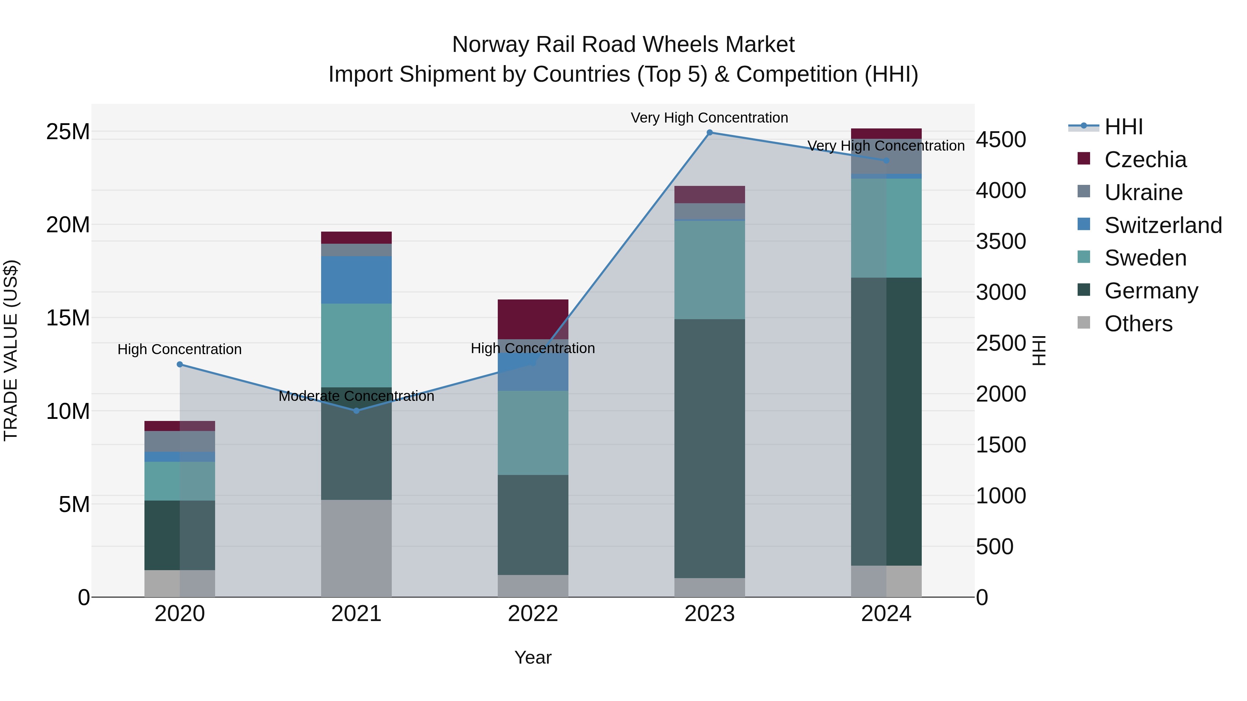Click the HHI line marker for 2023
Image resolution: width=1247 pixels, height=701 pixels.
(x=709, y=133)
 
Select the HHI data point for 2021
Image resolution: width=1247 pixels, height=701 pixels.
(x=356, y=411)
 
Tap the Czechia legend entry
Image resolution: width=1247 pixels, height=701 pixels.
(x=1144, y=160)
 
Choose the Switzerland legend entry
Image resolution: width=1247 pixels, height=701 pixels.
(x=1162, y=225)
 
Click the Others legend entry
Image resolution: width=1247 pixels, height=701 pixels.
(x=1138, y=324)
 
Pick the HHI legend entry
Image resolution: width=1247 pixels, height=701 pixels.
(x=1123, y=127)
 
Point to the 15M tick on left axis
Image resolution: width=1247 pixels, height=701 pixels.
(x=68, y=318)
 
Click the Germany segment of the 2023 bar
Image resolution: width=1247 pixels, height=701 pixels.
(x=709, y=448)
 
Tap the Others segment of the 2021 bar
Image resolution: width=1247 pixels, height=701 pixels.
(x=356, y=548)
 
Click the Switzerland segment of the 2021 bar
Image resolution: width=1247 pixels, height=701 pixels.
(x=356, y=280)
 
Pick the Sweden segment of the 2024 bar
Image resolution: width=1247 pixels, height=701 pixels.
(x=886, y=228)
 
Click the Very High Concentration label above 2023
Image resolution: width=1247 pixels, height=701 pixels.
(x=709, y=118)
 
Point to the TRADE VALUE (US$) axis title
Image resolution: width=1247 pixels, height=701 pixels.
(x=11, y=350)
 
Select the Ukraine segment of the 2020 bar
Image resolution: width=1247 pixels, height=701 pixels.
(x=179, y=441)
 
